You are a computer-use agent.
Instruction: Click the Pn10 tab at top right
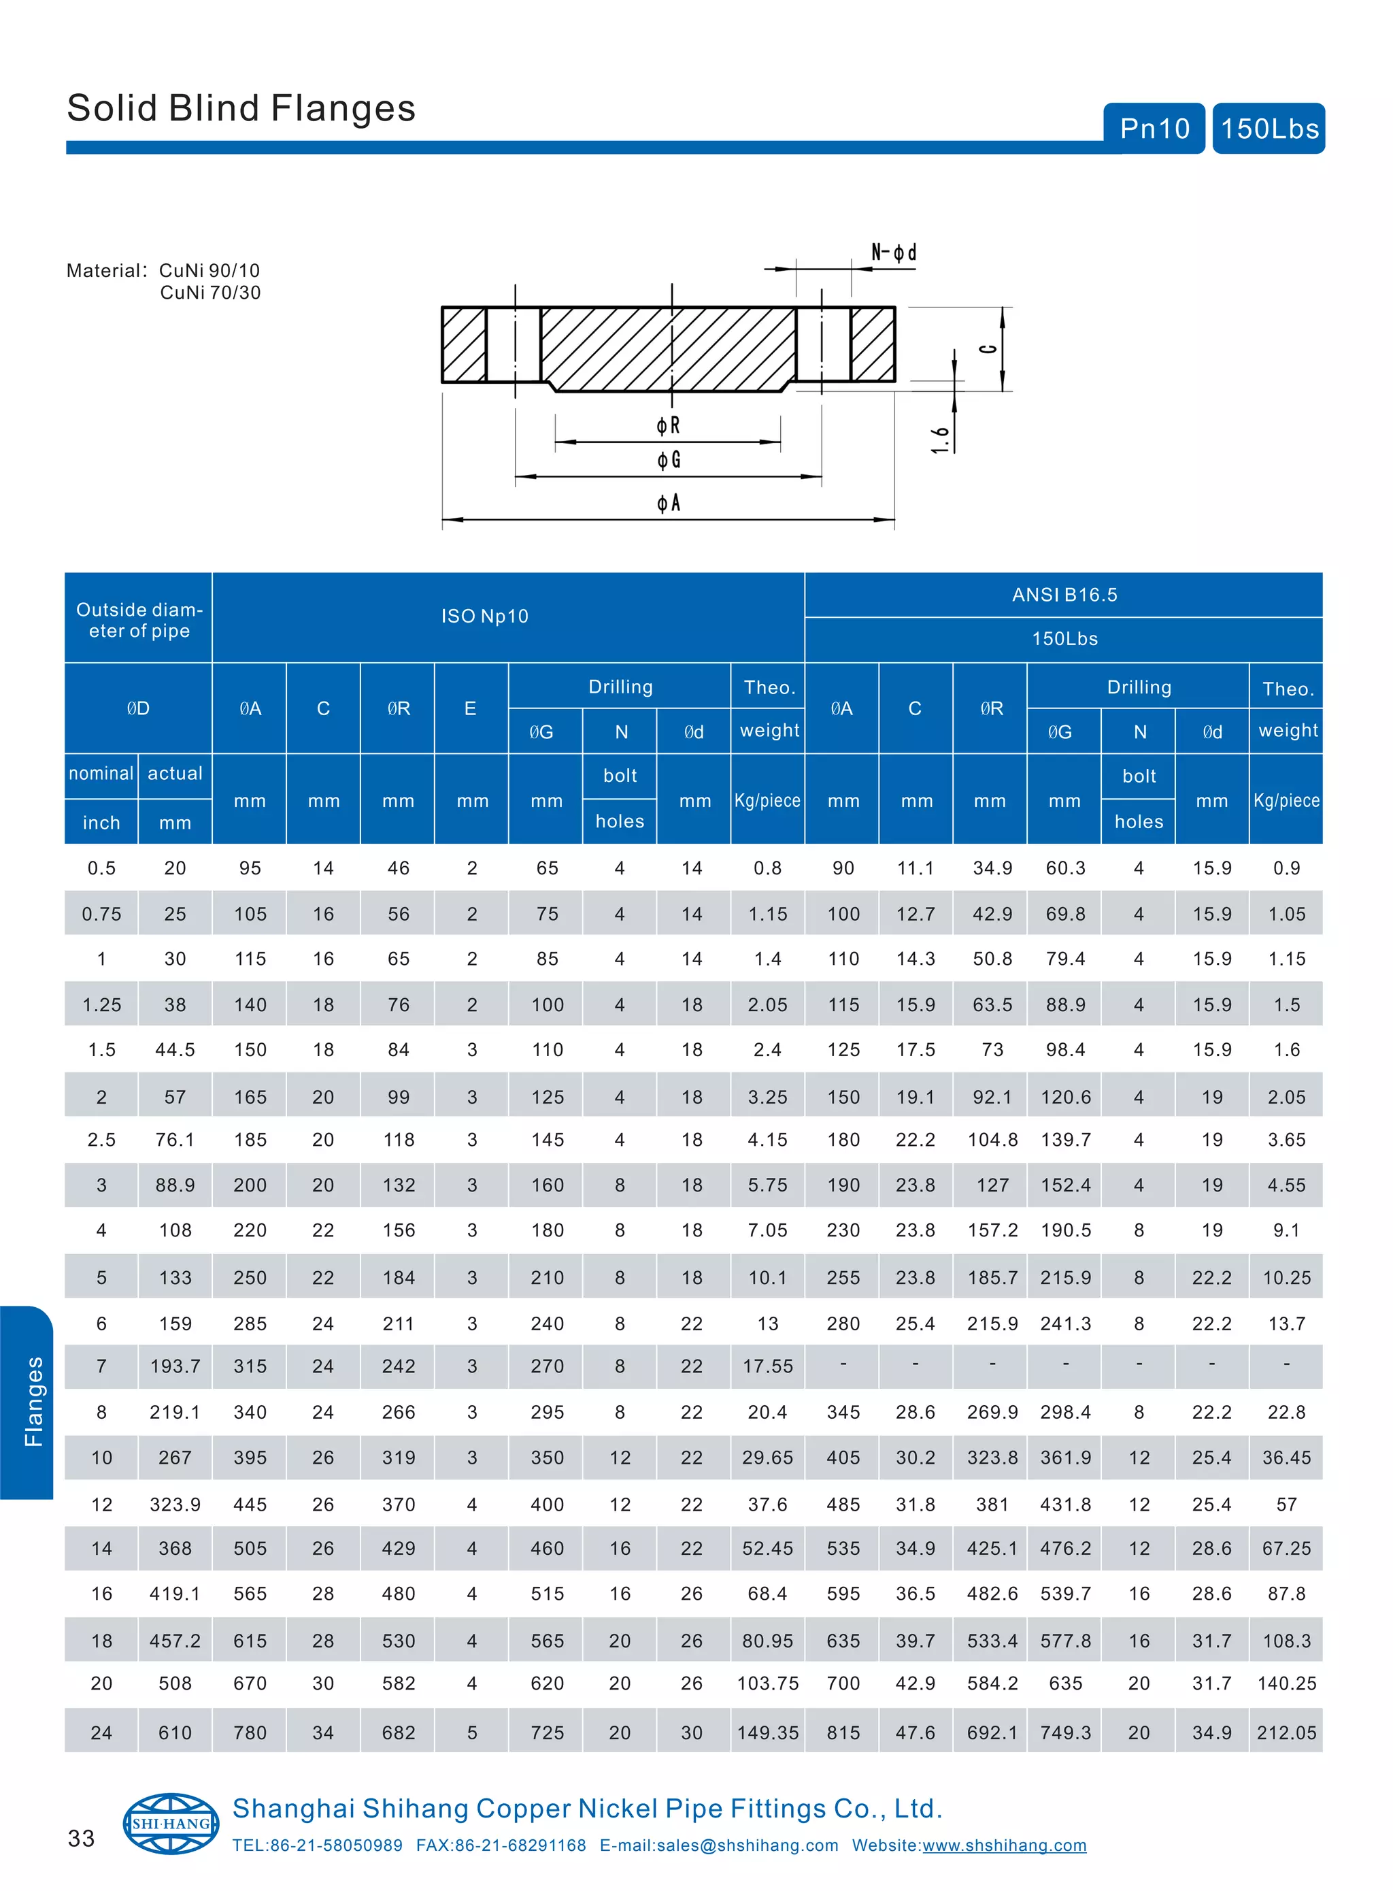tap(1154, 128)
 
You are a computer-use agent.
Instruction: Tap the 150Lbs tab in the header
tap(1269, 128)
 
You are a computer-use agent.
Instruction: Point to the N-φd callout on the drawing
tap(894, 252)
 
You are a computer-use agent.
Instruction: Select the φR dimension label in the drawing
tap(668, 425)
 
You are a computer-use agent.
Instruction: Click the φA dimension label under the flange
tap(668, 504)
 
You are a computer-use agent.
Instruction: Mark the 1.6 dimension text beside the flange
tap(939, 440)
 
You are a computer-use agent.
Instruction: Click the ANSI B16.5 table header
tap(1064, 595)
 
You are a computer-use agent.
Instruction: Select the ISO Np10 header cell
tap(484, 616)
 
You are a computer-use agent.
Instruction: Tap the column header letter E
tap(471, 708)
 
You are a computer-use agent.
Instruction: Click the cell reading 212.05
tap(1286, 1732)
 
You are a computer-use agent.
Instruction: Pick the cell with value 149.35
tap(767, 1732)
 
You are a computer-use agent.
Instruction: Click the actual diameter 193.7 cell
tap(175, 1366)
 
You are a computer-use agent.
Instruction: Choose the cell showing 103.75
tap(767, 1683)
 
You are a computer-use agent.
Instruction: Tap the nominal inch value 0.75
tap(101, 915)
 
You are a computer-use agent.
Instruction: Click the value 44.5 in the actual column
tap(175, 1050)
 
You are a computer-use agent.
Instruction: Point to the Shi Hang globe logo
tap(171, 1823)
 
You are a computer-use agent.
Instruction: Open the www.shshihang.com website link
tap(1003, 1845)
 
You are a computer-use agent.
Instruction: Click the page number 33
tap(81, 1838)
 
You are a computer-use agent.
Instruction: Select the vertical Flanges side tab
tap(32, 1402)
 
